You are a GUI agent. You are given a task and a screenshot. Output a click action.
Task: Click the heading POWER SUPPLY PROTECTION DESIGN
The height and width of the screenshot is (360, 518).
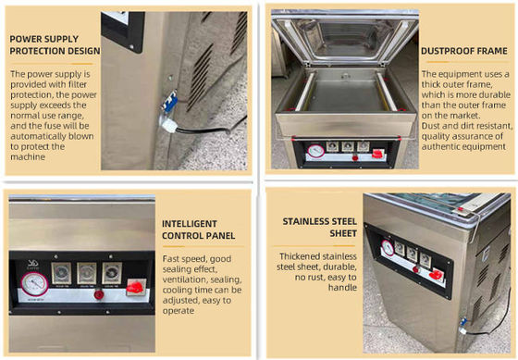tap(55, 45)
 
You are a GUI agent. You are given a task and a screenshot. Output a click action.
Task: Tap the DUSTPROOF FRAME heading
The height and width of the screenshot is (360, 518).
tap(464, 51)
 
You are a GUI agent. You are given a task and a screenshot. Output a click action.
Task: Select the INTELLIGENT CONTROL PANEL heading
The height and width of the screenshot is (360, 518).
tap(198, 230)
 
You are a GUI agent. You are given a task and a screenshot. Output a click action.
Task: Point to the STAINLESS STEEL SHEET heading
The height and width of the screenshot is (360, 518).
tap(319, 228)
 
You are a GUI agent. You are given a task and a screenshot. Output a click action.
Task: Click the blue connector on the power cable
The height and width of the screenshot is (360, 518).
tap(170, 102)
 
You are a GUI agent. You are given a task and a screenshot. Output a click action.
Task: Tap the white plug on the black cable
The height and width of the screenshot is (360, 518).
tap(168, 125)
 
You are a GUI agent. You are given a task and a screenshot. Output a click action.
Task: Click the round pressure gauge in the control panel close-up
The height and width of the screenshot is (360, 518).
tap(34, 284)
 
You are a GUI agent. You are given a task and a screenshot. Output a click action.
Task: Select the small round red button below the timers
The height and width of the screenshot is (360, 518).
tap(99, 294)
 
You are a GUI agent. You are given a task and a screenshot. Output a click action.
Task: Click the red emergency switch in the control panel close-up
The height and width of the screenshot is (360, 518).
tap(135, 288)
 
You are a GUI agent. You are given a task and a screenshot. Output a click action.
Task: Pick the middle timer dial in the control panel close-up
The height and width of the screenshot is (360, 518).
tap(87, 273)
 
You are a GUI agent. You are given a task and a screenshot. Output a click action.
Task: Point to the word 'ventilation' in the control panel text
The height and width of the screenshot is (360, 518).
tap(185, 279)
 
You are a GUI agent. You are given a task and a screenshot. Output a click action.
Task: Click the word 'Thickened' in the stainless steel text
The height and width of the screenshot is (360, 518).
tap(301, 256)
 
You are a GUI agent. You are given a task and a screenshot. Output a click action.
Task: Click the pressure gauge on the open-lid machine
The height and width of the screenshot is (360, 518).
tap(316, 151)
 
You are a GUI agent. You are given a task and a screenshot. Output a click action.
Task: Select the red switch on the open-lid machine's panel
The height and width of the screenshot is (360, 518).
tap(377, 154)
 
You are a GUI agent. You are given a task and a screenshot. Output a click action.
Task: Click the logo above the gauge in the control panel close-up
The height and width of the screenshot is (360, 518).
tap(32, 265)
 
